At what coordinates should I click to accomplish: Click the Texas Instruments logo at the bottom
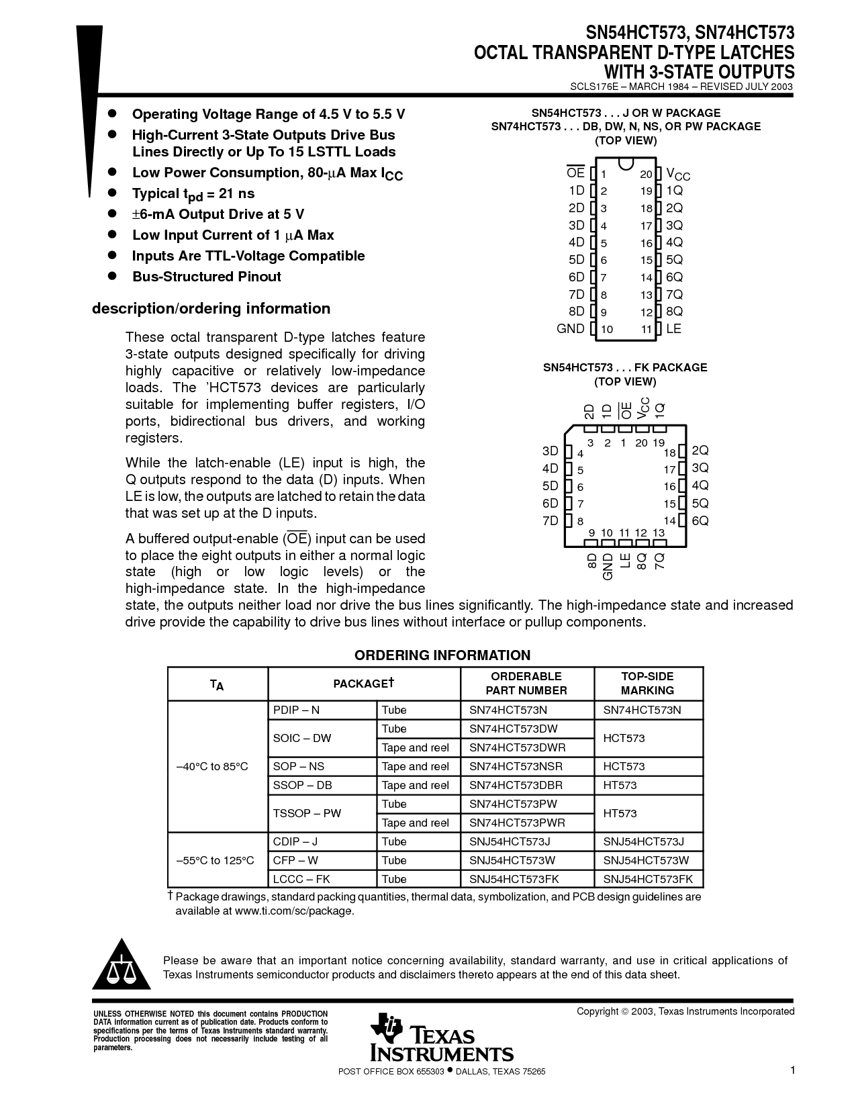click(441, 1037)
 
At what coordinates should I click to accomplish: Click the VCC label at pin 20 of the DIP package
click(677, 174)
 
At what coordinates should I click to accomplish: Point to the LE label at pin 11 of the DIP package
click(673, 329)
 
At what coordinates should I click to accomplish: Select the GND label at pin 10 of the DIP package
click(571, 329)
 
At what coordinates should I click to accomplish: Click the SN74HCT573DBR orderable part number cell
click(516, 785)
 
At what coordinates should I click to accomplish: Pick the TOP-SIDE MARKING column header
click(647, 684)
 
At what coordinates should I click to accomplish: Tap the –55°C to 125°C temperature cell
click(216, 860)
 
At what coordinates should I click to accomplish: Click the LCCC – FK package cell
click(301, 879)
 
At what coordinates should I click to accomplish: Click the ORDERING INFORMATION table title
click(442, 655)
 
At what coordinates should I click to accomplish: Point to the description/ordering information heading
click(211, 309)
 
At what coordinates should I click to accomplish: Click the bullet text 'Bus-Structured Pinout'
click(207, 277)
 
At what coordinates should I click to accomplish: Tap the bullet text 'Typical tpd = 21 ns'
click(193, 194)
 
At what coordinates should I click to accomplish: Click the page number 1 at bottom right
click(792, 1070)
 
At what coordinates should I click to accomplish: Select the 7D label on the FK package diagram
click(551, 521)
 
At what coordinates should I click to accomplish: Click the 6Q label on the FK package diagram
click(700, 521)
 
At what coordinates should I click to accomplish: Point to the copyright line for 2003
click(685, 1011)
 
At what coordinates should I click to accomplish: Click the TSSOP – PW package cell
click(307, 813)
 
